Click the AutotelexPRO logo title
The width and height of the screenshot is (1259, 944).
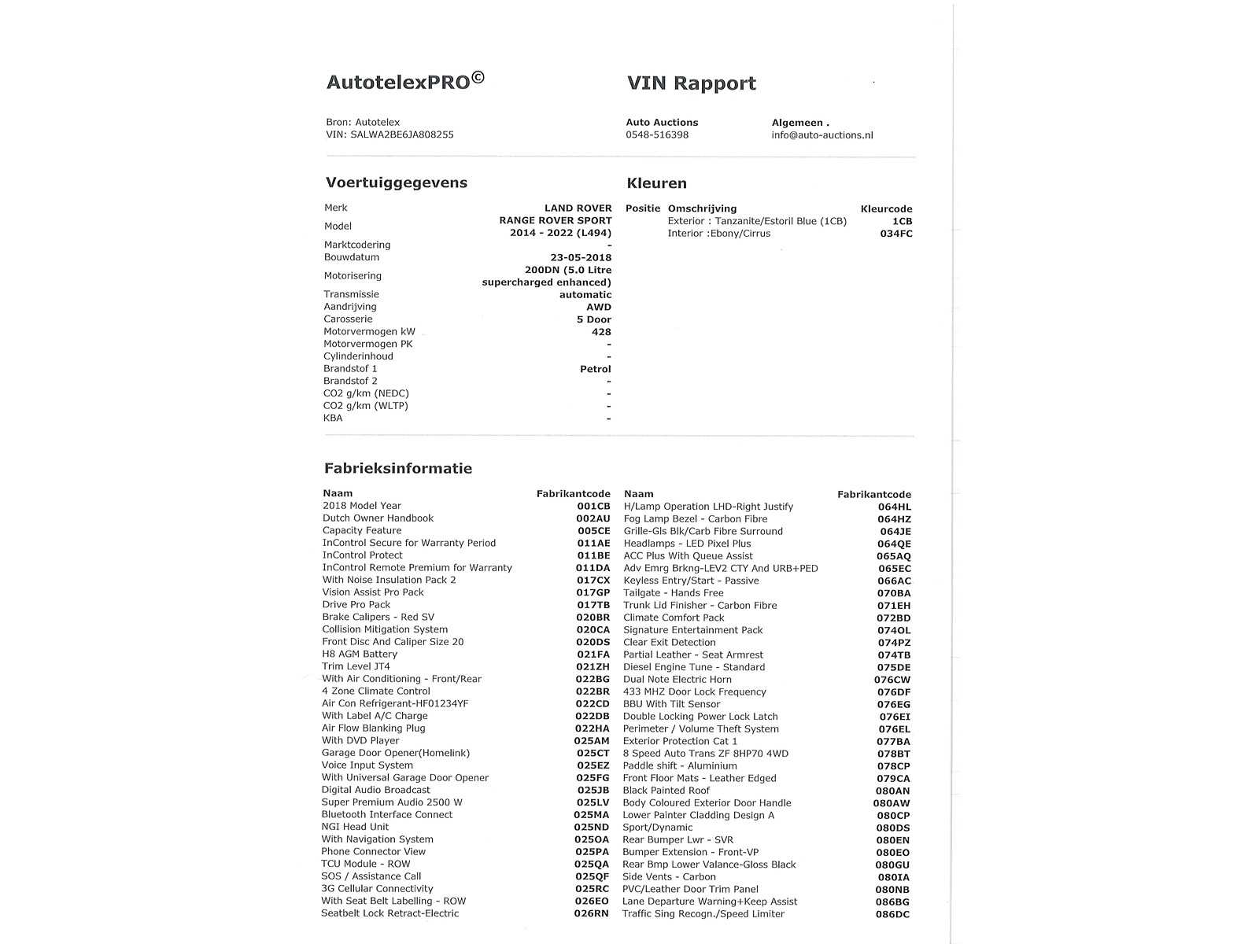pyautogui.click(x=405, y=82)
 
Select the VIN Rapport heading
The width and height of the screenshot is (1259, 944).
pyautogui.click(x=691, y=83)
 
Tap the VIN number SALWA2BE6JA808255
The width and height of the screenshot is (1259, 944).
pyautogui.click(x=401, y=135)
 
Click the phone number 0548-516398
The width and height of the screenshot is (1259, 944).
pyautogui.click(x=657, y=135)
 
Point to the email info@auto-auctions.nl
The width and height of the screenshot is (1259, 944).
pyautogui.click(x=821, y=135)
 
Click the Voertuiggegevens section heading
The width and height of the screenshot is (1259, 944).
pyautogui.click(x=397, y=183)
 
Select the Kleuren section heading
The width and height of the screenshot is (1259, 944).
pyautogui.click(x=656, y=183)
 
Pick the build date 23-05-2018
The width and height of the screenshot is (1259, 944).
pyautogui.click(x=581, y=257)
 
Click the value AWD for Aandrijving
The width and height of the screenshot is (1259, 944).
pyautogui.click(x=598, y=307)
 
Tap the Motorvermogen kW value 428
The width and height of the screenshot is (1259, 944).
pyautogui.click(x=601, y=332)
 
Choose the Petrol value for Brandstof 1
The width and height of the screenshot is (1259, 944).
pyautogui.click(x=595, y=369)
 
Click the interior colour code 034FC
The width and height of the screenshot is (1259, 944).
pyautogui.click(x=896, y=234)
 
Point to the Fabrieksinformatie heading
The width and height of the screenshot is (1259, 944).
pyautogui.click(x=398, y=468)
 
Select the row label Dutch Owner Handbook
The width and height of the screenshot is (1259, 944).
pyautogui.click(x=378, y=518)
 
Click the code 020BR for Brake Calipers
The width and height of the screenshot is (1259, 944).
pyautogui.click(x=593, y=618)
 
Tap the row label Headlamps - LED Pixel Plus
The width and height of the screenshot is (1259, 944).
pyautogui.click(x=687, y=544)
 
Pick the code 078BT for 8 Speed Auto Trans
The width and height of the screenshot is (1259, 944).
pyautogui.click(x=893, y=754)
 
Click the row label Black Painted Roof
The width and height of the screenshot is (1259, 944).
pyautogui.click(x=666, y=791)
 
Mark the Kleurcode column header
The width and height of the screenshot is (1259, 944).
pyautogui.click(x=886, y=209)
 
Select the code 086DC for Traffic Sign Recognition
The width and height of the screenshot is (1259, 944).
pyautogui.click(x=892, y=914)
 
